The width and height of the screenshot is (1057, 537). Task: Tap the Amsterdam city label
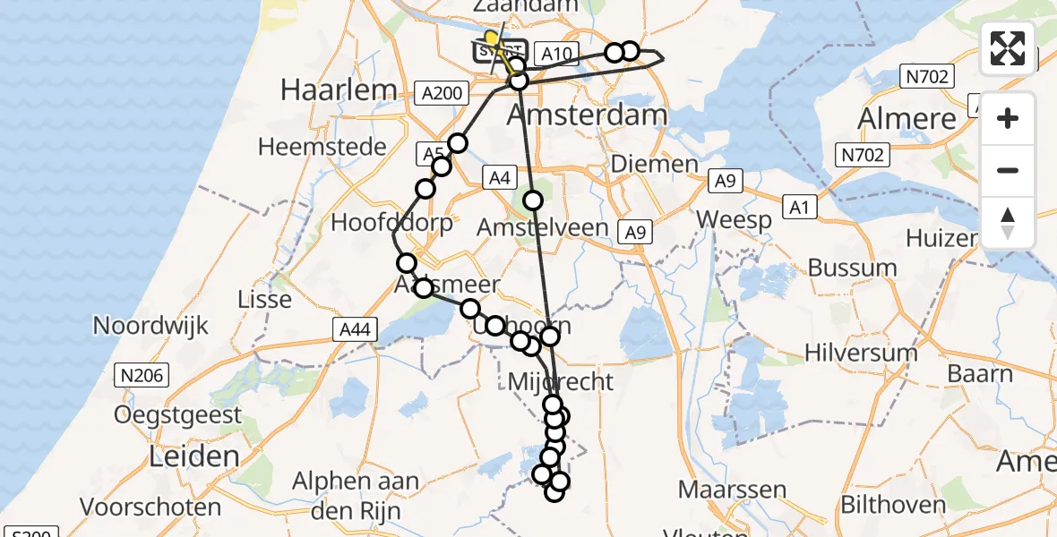click(x=588, y=115)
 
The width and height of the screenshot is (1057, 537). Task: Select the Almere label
click(x=907, y=119)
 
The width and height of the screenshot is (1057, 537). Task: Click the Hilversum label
click(x=861, y=353)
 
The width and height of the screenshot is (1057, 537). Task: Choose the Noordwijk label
click(x=150, y=325)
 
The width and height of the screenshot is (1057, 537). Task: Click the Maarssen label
click(x=732, y=490)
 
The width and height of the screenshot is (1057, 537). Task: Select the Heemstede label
click(x=322, y=147)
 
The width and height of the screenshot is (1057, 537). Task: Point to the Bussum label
click(x=852, y=267)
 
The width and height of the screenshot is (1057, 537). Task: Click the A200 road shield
click(x=443, y=92)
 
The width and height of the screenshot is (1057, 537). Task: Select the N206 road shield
click(x=142, y=376)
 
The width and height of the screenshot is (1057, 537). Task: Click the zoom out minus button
click(x=1008, y=170)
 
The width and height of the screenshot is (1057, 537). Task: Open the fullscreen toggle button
click(x=1008, y=48)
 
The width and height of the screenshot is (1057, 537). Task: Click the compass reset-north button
click(x=1008, y=222)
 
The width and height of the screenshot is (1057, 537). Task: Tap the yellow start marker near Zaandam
click(x=491, y=38)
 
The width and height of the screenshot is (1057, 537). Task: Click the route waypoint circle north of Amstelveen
click(x=533, y=200)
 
